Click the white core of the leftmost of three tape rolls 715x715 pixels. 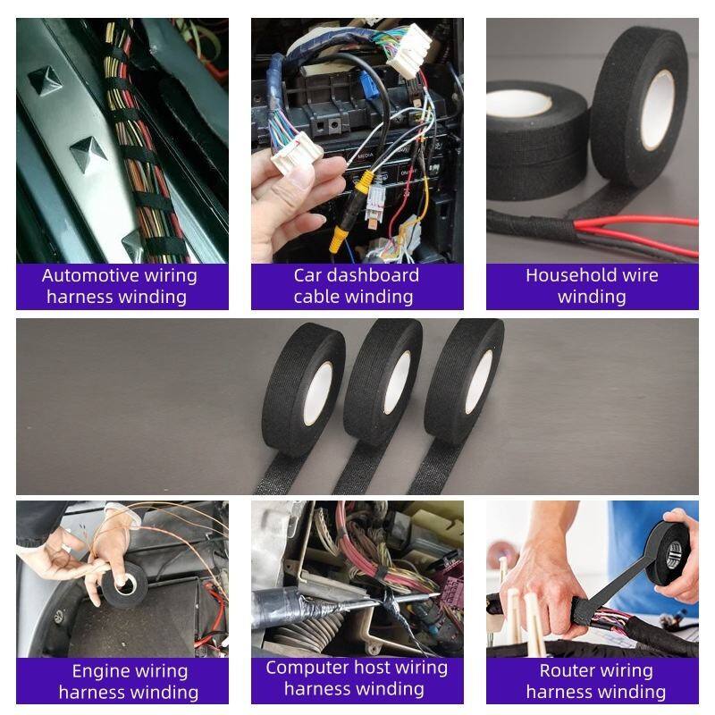coord(318,394)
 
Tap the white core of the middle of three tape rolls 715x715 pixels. coord(397,383)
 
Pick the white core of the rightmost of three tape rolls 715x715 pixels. coord(479,383)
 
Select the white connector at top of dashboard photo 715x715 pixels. coord(410,50)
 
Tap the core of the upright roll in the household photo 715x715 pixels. coord(658,109)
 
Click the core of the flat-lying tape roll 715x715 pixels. coord(518,103)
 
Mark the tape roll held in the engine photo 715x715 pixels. coord(124,585)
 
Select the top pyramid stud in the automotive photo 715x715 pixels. coord(46,79)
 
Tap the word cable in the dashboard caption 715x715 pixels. coord(315,297)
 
